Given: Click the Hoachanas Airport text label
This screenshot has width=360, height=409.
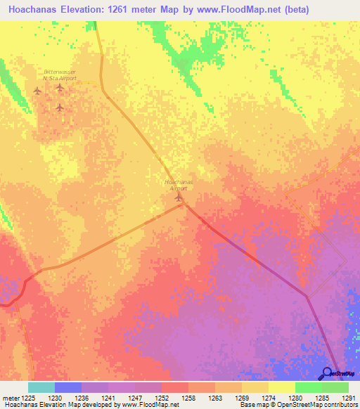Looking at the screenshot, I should [178, 185].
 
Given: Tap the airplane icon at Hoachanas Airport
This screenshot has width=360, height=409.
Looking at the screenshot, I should [178, 197].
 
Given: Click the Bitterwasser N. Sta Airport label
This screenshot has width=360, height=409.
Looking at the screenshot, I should [59, 74].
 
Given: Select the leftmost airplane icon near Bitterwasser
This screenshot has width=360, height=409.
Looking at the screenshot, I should [37, 90].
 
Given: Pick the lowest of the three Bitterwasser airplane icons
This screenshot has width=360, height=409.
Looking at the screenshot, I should [60, 108].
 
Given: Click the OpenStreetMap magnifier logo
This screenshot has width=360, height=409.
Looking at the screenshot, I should [327, 374].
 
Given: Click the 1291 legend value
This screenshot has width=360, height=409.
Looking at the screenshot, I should [349, 397].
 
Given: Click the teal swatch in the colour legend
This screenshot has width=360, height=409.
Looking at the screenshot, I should [41, 387].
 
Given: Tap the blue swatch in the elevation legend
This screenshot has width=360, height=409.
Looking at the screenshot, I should [67, 387].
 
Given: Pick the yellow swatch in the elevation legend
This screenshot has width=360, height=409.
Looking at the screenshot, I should [281, 387].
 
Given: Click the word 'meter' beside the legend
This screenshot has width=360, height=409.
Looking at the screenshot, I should [9, 397].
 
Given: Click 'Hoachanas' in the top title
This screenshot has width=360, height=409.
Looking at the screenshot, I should [32, 10].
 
